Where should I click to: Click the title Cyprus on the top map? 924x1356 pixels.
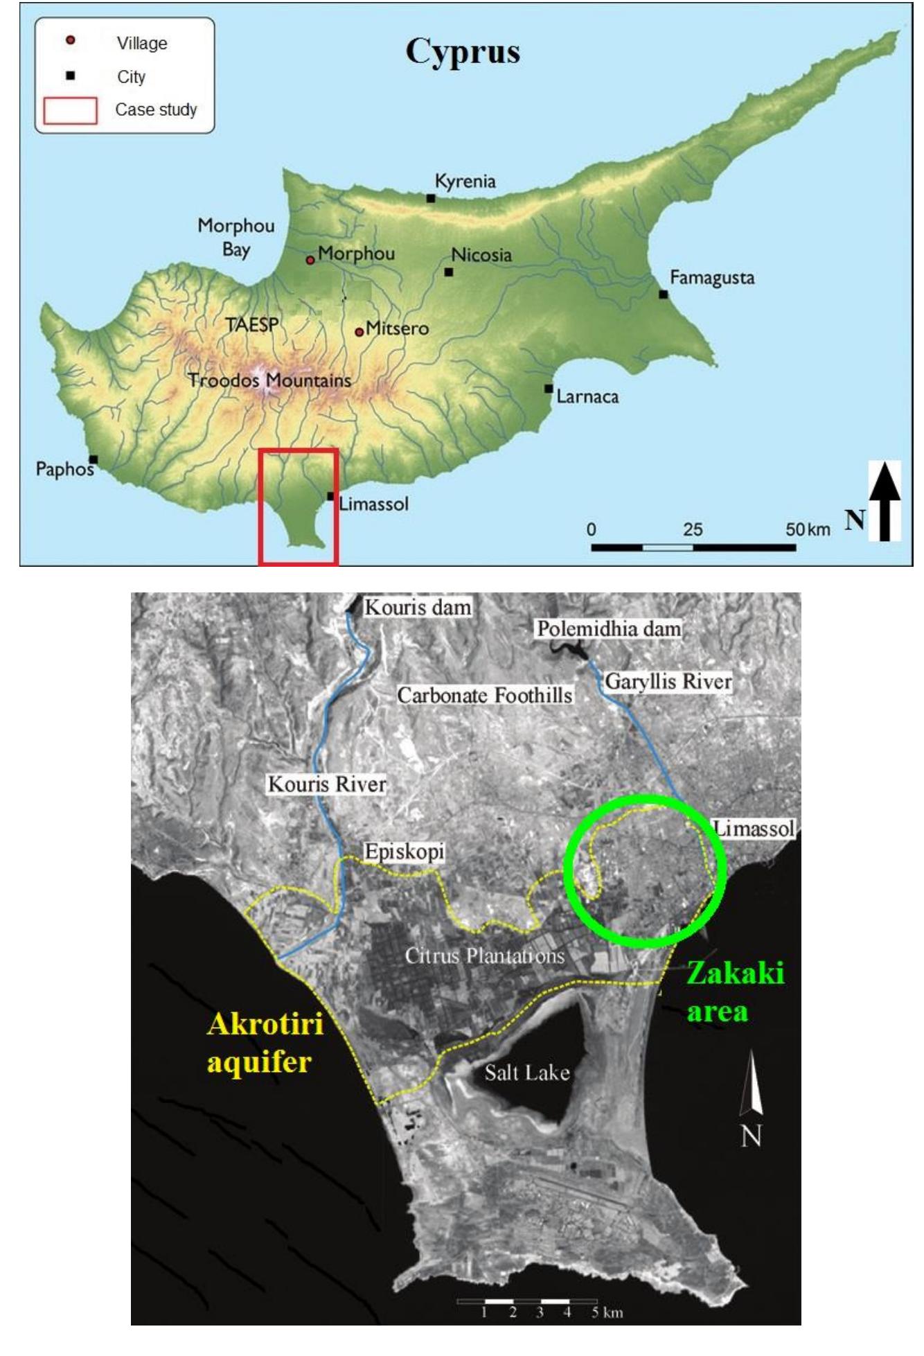click(462, 51)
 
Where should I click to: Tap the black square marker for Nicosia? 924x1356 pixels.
click(449, 272)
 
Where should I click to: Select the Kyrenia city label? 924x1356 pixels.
click(465, 182)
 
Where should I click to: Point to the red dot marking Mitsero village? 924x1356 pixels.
click(359, 332)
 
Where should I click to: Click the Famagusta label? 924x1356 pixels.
click(711, 279)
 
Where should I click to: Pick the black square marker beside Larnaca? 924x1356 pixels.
click(549, 389)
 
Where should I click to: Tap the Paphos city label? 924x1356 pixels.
click(64, 469)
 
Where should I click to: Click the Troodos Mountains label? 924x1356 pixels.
click(269, 380)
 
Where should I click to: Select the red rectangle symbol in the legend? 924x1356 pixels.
click(70, 111)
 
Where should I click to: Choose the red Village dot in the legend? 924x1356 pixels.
click(70, 41)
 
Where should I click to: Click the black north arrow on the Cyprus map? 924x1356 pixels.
click(885, 500)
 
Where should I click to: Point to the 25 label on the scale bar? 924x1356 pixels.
click(693, 530)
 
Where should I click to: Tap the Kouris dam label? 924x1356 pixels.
click(418, 608)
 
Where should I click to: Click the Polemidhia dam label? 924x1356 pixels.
click(609, 629)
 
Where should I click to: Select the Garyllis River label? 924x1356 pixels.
click(668, 682)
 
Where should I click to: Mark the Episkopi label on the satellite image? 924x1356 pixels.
click(405, 852)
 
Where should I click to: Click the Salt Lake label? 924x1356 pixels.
click(526, 1073)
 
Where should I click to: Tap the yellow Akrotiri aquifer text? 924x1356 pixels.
click(265, 1042)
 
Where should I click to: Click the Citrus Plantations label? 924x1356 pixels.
click(484, 956)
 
